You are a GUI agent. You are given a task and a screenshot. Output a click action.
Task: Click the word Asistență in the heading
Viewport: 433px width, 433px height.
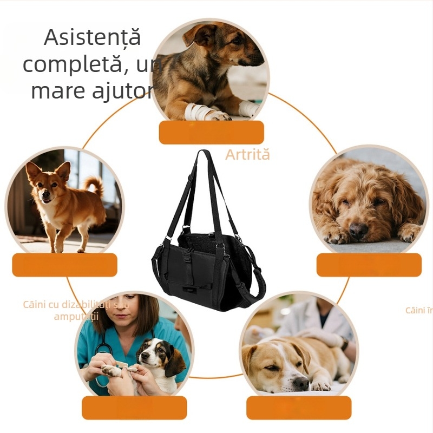tap(92, 37)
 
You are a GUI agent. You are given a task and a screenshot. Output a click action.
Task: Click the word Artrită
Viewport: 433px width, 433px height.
tap(247, 155)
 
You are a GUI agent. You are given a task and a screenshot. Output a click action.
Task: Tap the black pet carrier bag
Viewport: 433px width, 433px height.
tap(209, 254)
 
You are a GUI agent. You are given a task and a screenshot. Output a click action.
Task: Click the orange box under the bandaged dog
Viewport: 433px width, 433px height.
tap(211, 133)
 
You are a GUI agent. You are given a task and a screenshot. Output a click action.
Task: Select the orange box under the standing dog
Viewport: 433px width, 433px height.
tap(64, 265)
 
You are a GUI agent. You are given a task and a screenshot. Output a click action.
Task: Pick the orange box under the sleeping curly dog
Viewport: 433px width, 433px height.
tap(369, 265)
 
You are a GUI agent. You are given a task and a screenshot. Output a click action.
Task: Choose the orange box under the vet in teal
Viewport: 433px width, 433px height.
tap(134, 408)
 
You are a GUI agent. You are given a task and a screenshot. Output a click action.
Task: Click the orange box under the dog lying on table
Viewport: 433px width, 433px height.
tap(299, 408)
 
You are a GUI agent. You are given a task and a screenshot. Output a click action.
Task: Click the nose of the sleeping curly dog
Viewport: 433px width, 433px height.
tap(358, 231)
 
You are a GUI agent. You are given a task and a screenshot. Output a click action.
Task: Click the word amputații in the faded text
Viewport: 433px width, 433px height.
tap(76, 317)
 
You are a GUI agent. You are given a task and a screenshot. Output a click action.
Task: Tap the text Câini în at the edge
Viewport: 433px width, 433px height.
tap(419, 310)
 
